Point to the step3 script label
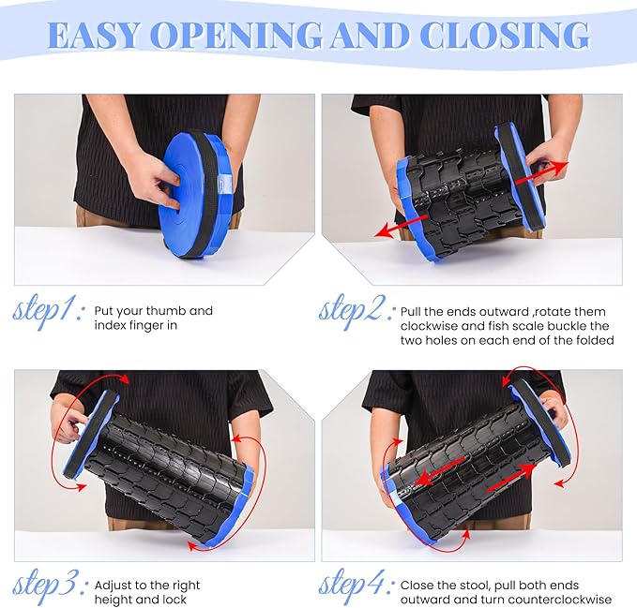point(48,586)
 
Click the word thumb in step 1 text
point(166,311)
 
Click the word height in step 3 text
point(113,601)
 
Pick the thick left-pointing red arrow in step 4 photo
point(441,470)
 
